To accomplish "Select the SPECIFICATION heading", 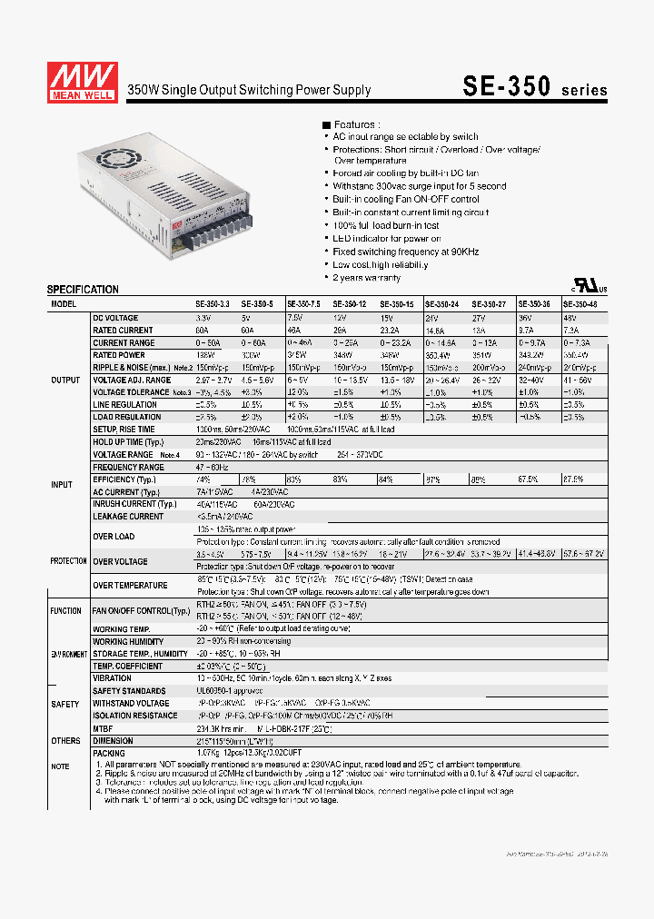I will click(x=83, y=290).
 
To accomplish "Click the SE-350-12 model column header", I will click(x=350, y=305).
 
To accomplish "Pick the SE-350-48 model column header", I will click(x=580, y=305).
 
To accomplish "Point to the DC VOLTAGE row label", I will click(x=116, y=318).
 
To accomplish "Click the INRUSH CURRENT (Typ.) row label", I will click(x=134, y=504).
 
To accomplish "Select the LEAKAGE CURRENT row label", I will click(x=128, y=517).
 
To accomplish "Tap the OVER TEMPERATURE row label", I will click(x=130, y=586).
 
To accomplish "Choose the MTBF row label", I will click(x=104, y=728).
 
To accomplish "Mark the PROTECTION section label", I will click(x=69, y=561).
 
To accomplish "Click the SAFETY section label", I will click(x=65, y=704).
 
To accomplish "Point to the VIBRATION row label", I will click(x=112, y=678).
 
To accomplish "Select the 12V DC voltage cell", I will click(x=340, y=318).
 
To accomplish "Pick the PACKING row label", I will click(x=109, y=753).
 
